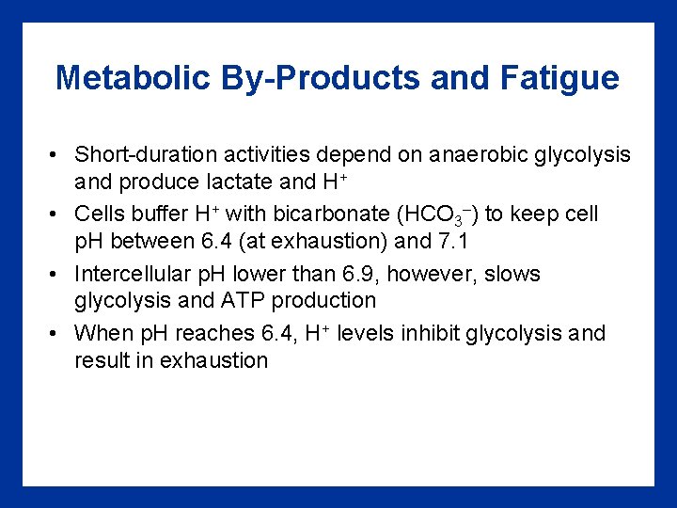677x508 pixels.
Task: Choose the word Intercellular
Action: click(x=136, y=275)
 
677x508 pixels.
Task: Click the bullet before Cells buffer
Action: click(x=56, y=214)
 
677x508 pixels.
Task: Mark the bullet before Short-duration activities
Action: click(x=56, y=153)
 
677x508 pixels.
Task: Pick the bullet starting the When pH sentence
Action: click(x=56, y=333)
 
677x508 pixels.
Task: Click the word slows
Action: click(x=514, y=275)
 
